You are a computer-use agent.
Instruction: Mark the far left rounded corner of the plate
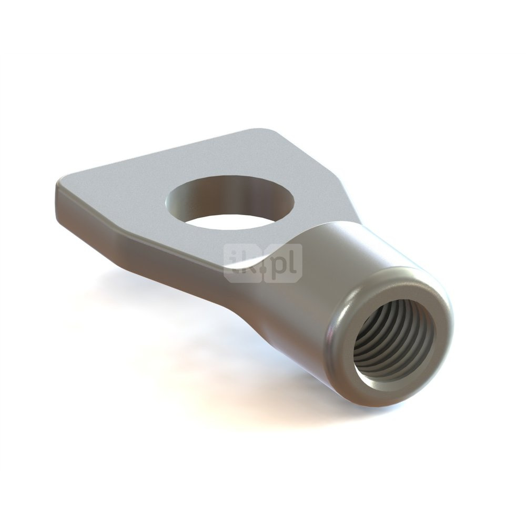(59, 184)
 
